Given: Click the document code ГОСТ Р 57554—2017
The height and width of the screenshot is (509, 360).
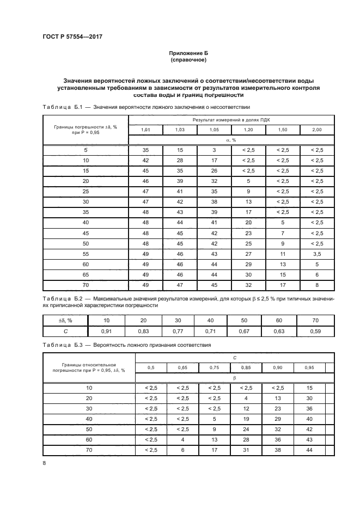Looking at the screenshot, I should point(72,36).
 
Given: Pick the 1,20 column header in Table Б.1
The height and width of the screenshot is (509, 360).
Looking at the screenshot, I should point(248,130).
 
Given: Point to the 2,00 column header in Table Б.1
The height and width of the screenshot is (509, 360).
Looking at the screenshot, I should point(316,130).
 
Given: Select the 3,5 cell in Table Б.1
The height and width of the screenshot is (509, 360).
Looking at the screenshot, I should point(316,254).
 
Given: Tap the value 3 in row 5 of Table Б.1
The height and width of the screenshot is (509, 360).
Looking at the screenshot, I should point(214,150).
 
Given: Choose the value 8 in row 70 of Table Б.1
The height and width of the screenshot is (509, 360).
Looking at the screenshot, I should point(316,285).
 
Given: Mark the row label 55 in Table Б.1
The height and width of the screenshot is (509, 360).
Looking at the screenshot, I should point(85,254).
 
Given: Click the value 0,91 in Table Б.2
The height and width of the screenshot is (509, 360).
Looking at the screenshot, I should point(107,330).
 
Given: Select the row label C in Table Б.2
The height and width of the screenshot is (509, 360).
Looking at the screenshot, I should point(65,330).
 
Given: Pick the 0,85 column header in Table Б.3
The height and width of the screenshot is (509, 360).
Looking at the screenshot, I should point(246,368).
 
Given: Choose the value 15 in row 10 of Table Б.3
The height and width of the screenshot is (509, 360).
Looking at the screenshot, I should point(309,388).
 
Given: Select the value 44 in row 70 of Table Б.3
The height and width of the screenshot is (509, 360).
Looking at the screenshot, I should point(309,449).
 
